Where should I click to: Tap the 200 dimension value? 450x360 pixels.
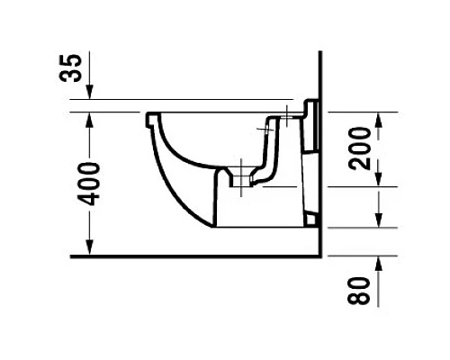359,148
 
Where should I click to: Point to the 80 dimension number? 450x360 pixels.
359,290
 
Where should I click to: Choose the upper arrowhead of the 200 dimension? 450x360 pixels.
379,118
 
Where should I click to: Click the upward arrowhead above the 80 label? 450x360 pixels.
379,261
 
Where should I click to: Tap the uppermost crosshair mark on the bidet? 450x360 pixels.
286,115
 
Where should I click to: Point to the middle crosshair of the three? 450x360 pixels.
265,131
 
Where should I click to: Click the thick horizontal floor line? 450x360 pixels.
198,256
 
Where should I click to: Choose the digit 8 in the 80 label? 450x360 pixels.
359,296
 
